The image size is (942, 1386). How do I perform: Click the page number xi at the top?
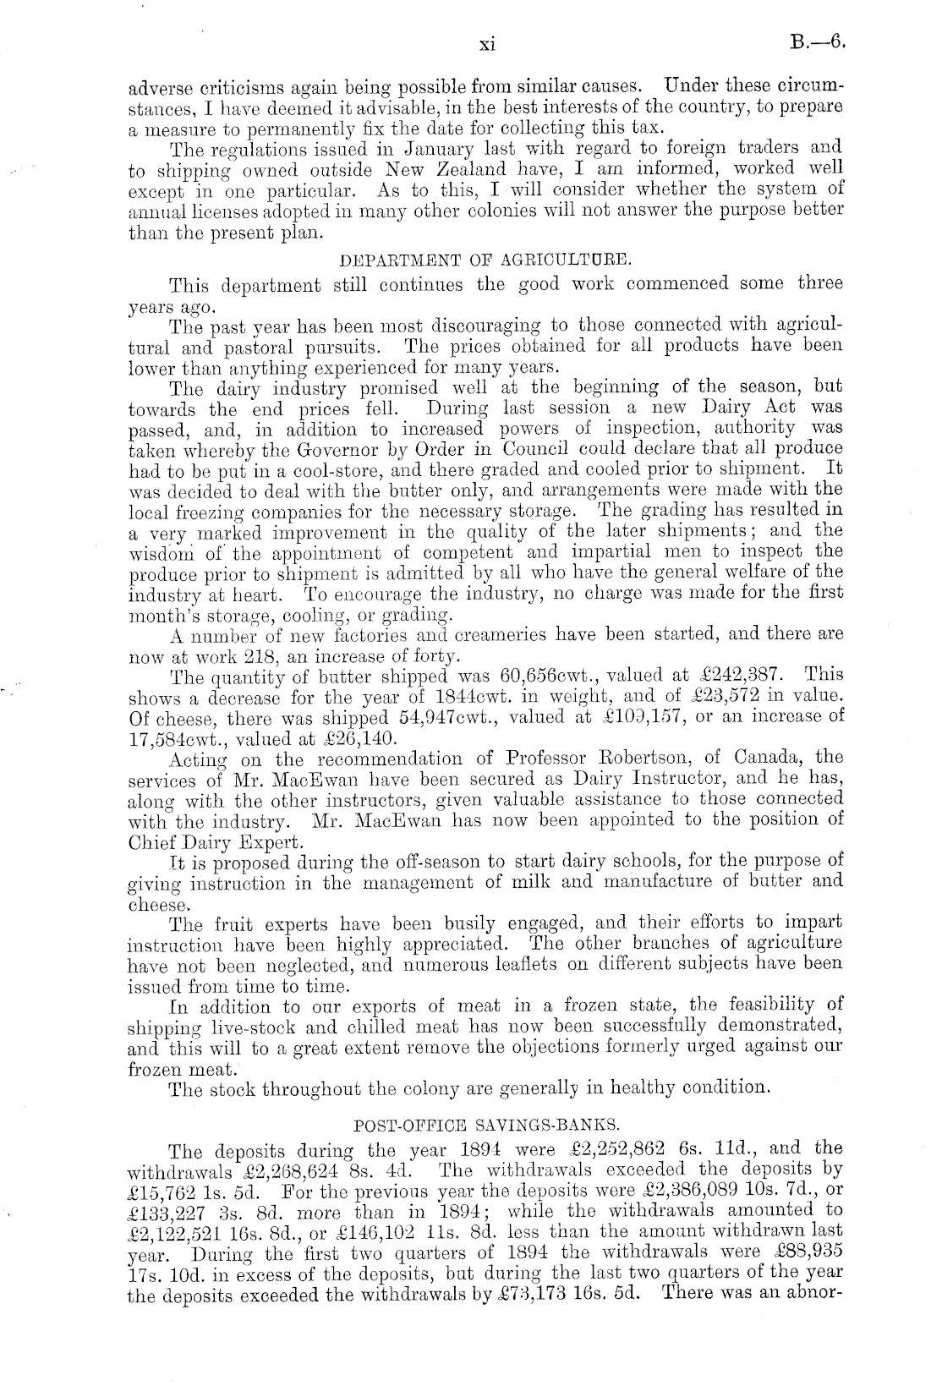pyautogui.click(x=486, y=45)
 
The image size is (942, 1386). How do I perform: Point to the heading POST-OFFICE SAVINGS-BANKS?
pyautogui.click(x=485, y=1126)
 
